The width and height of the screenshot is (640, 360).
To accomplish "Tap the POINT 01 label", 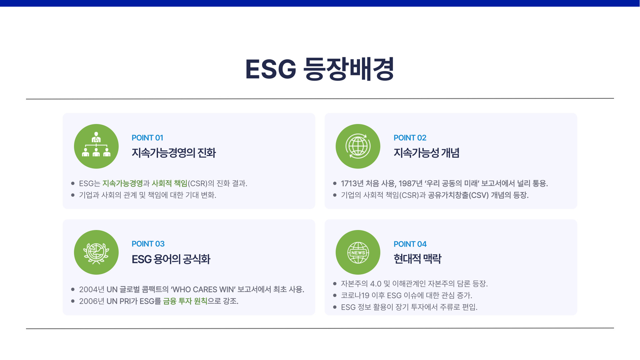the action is [x=147, y=138].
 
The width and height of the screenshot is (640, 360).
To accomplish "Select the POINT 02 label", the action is [x=410, y=138].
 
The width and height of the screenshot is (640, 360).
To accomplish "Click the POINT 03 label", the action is [x=148, y=244].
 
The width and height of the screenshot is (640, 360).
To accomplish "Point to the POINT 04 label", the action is [x=410, y=244].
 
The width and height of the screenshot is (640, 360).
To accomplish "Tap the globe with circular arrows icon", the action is [x=358, y=146].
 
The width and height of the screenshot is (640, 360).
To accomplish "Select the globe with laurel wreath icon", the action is [x=96, y=253].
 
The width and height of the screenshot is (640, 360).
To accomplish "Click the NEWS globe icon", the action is [x=358, y=253].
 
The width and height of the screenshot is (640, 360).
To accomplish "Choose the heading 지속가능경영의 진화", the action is [x=174, y=153].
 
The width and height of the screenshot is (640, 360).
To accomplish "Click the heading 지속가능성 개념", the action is [x=427, y=153].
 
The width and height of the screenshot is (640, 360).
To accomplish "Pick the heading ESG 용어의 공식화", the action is [x=171, y=259].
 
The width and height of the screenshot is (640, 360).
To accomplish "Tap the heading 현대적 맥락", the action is [x=417, y=259].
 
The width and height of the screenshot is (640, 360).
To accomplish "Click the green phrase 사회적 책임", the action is [x=169, y=183].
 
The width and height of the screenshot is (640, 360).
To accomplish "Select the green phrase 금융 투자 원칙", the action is [x=185, y=301].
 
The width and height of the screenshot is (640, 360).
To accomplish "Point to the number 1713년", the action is [x=352, y=183].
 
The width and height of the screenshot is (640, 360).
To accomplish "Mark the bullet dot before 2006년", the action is [x=73, y=301].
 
